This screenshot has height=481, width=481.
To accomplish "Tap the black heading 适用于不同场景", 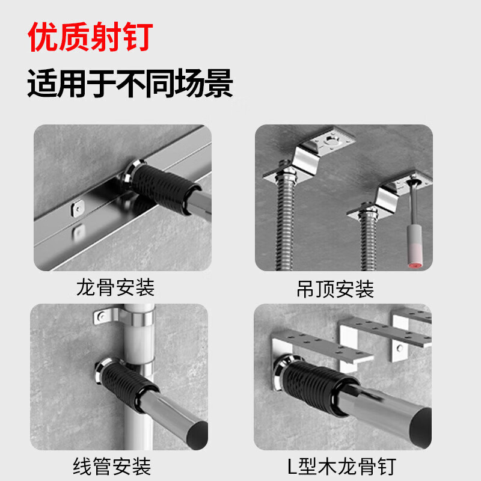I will pyautogui.click(x=130, y=84).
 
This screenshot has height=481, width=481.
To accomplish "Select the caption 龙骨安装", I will pyautogui.click(x=115, y=287).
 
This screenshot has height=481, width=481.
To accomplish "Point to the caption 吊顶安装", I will pyautogui.click(x=335, y=290).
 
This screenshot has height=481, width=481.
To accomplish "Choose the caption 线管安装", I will pyautogui.click(x=112, y=466).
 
